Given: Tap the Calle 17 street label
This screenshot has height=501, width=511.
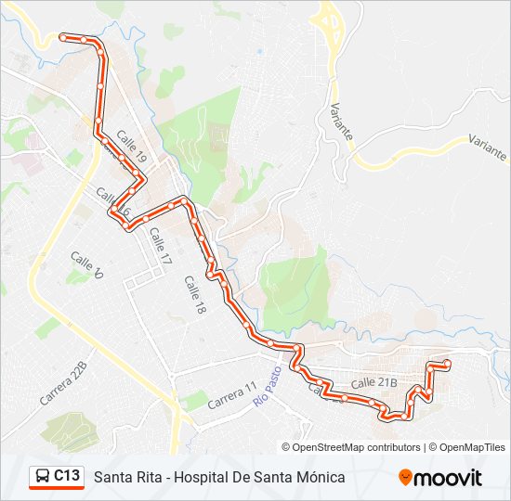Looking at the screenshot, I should (161, 248).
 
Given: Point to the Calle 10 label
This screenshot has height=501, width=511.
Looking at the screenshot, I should (85, 265).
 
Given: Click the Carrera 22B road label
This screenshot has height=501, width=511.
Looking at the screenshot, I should (63, 382).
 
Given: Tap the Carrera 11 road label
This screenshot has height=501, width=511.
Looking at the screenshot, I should (231, 395).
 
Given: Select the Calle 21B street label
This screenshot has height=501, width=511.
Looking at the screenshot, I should (374, 382).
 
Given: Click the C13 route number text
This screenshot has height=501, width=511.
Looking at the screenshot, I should (66, 476).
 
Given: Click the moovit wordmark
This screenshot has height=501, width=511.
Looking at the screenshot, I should (448, 478).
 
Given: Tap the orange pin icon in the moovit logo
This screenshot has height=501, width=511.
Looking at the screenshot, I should (406, 478).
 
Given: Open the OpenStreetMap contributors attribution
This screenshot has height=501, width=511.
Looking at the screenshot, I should (357, 447).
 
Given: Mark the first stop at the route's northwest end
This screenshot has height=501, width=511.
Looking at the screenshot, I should (63, 37).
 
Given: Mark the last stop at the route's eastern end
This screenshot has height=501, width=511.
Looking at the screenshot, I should (447, 363).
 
